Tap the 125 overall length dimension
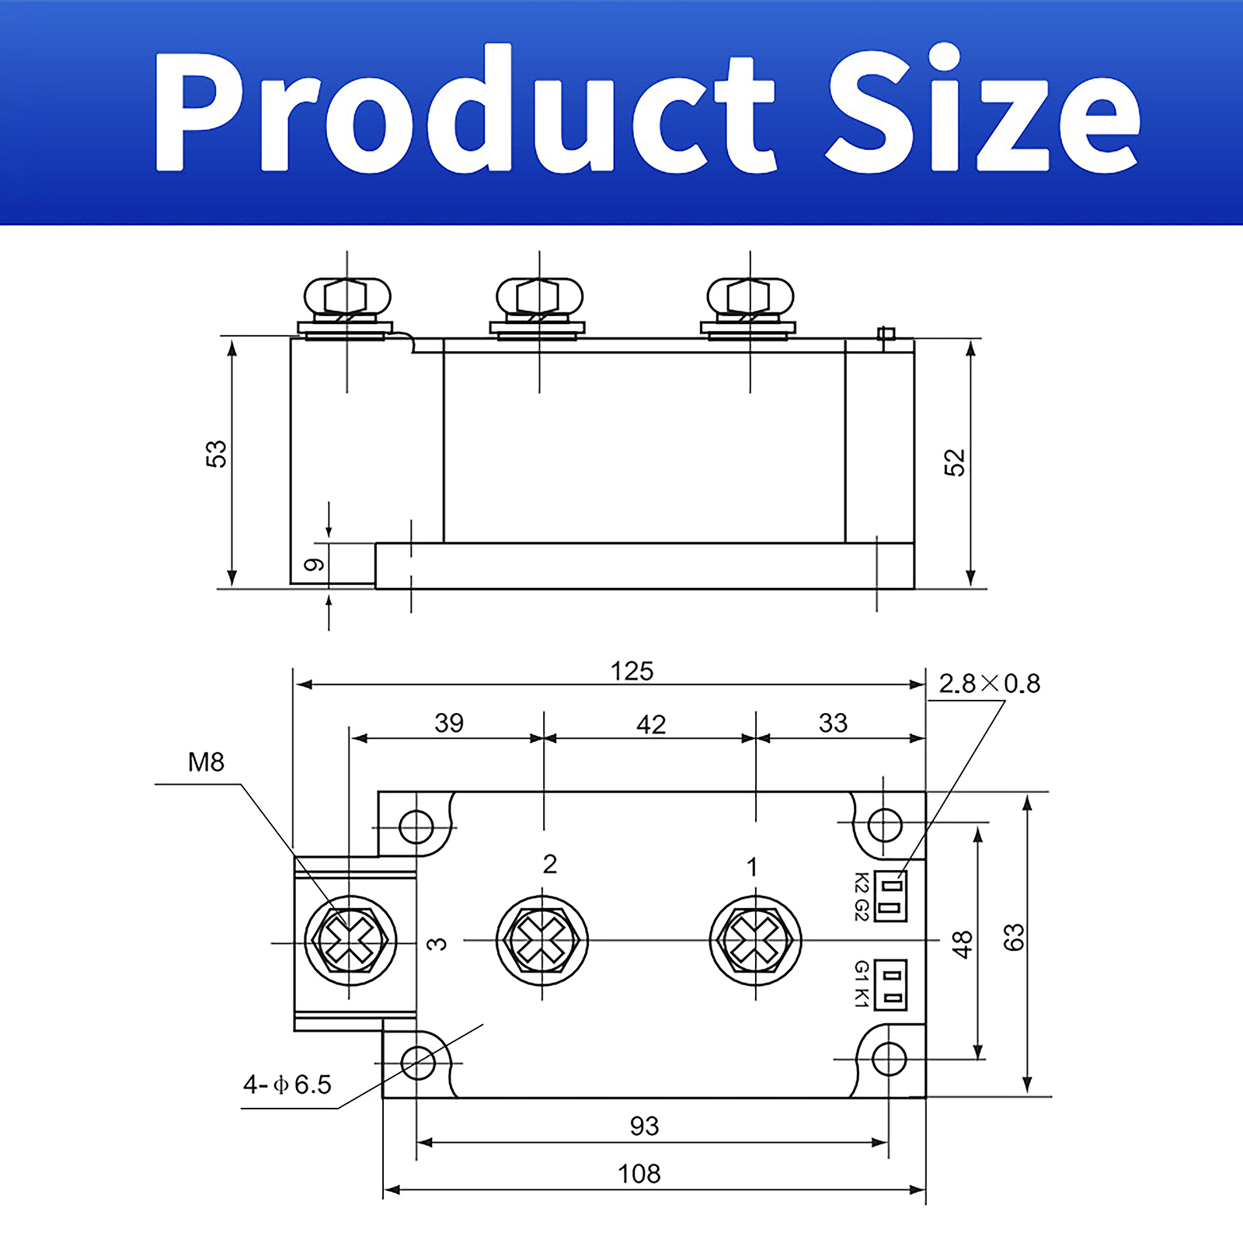pyautogui.click(x=632, y=671)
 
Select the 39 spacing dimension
pyautogui.click(x=449, y=723)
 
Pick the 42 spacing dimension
pyautogui.click(x=651, y=725)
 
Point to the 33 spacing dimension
pyautogui.click(x=833, y=723)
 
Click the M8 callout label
pyautogui.click(x=206, y=762)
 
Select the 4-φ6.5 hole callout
pyautogui.click(x=287, y=1085)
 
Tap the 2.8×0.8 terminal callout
pyautogui.click(x=989, y=684)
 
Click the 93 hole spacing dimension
pyautogui.click(x=644, y=1126)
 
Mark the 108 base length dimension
pyautogui.click(x=639, y=1174)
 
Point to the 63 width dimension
pyautogui.click(x=1014, y=938)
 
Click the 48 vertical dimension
pyautogui.click(x=962, y=945)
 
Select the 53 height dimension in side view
pyautogui.click(x=216, y=454)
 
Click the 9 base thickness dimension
pyautogui.click(x=314, y=565)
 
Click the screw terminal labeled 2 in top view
pyautogui.click(x=542, y=940)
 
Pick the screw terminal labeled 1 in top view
pyautogui.click(x=756, y=940)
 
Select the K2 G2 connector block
pyautogui.click(x=890, y=896)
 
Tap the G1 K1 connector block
pyautogui.click(x=890, y=984)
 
